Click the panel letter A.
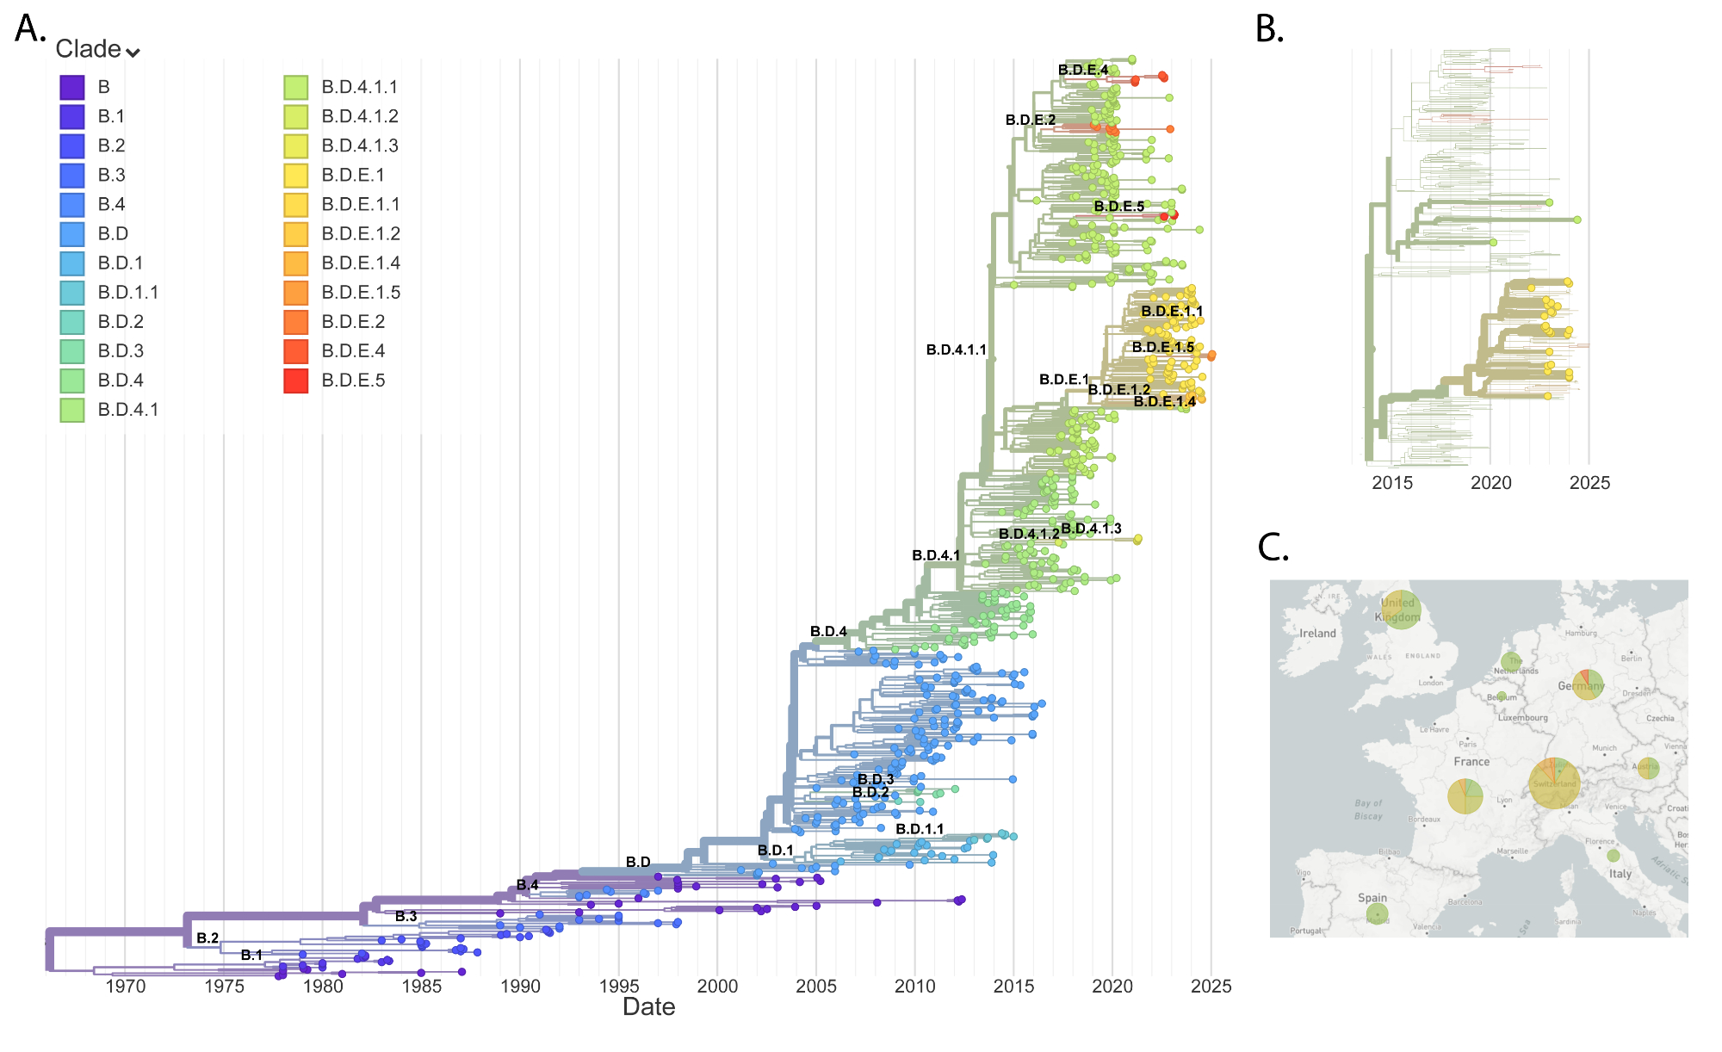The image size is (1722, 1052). click(30, 29)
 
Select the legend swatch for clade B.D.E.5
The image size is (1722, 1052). click(295, 381)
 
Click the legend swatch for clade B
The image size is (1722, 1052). click(72, 87)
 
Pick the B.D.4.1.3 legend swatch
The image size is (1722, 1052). click(295, 145)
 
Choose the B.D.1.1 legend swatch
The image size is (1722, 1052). click(72, 293)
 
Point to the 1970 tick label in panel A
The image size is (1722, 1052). click(125, 987)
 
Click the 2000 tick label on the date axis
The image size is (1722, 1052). click(717, 987)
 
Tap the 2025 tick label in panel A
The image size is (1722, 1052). click(1211, 987)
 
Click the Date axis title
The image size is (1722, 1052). click(648, 1007)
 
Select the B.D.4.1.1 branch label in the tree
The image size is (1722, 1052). click(956, 350)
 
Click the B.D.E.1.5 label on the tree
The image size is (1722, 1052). click(1162, 348)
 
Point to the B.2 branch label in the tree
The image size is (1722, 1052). click(208, 938)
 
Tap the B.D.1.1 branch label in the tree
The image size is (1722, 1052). click(920, 829)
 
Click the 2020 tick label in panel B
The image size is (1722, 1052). click(1490, 483)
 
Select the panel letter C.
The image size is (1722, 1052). click(1273, 548)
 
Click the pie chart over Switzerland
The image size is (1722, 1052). click(1554, 783)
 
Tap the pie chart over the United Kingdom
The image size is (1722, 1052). click(1401, 610)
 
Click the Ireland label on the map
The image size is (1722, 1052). click(1317, 634)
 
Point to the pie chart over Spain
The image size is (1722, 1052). click(1377, 913)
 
